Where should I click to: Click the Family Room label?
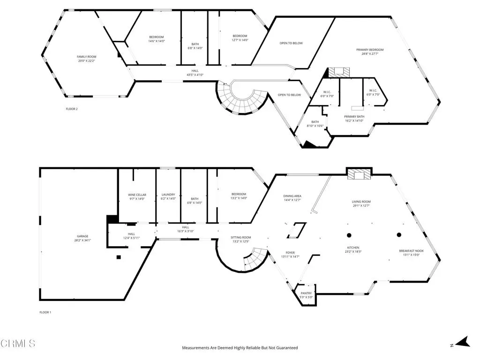90,56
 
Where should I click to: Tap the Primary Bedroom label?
373,50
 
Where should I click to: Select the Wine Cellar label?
137,195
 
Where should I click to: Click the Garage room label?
82,236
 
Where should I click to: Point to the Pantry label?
306,293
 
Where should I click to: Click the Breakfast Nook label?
409,251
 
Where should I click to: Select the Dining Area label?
292,196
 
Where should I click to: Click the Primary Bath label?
354,117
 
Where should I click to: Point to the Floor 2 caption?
72,109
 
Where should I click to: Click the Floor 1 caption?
45,312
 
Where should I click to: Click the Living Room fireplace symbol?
359,174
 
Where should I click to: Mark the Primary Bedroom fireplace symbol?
338,72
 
